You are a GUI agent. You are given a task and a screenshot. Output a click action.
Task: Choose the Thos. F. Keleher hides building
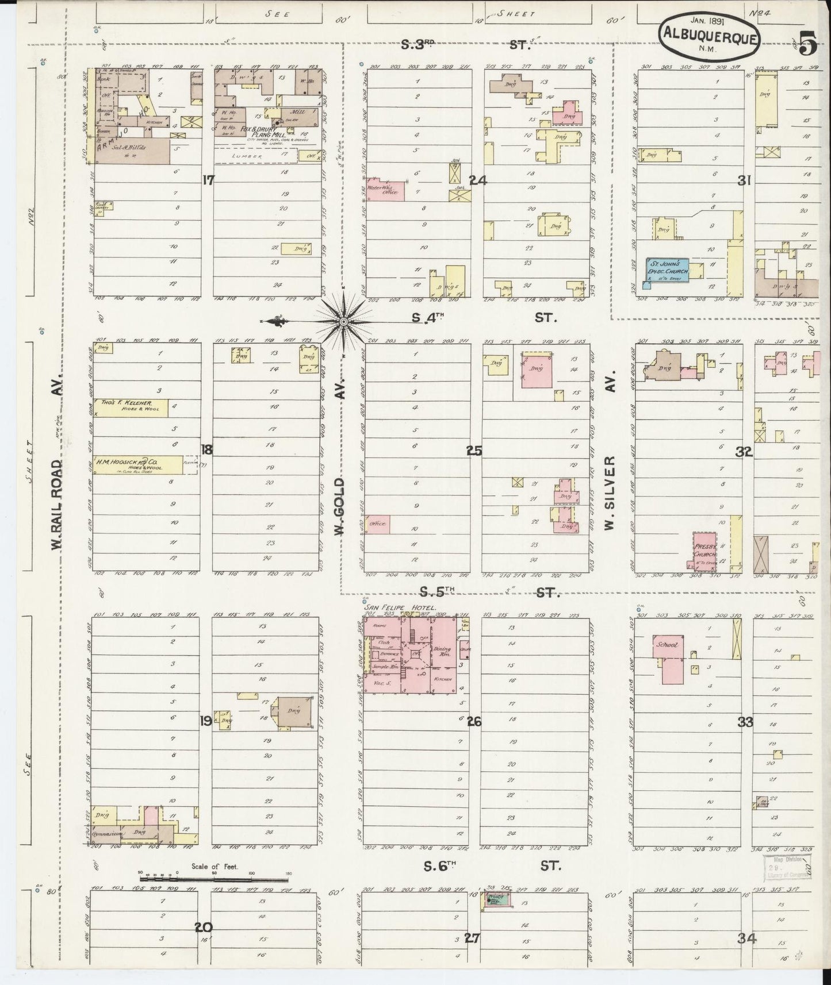131,407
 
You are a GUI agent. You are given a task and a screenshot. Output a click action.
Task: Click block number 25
474,451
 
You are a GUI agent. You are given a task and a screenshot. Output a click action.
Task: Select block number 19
205,721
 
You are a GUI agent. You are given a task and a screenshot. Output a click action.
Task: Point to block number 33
745,722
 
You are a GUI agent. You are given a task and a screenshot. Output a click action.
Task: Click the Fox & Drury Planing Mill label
261,132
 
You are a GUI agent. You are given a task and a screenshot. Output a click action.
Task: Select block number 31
745,180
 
